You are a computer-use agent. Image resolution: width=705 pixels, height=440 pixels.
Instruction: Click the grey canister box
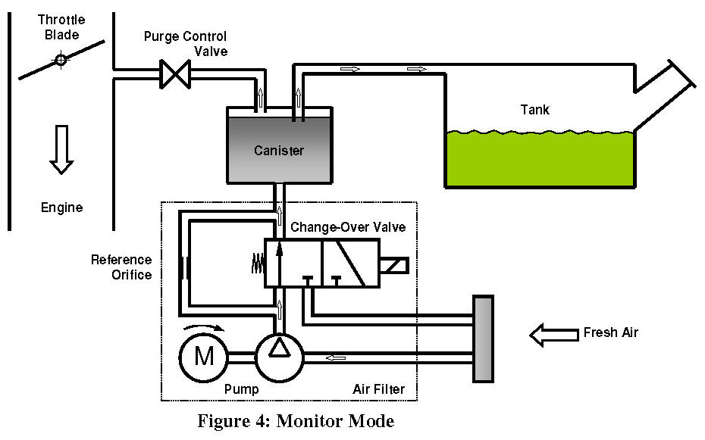click(279, 150)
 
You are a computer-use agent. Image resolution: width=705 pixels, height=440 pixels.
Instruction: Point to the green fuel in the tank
click(540, 159)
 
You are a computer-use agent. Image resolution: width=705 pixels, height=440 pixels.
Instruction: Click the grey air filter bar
click(483, 339)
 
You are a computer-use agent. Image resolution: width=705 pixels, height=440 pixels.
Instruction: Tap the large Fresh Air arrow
click(553, 333)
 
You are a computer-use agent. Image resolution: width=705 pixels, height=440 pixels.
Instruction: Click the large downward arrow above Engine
click(61, 149)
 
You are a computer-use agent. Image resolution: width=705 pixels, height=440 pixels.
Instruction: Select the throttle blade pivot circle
click(60, 60)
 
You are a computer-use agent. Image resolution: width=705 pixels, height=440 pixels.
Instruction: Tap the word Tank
click(534, 110)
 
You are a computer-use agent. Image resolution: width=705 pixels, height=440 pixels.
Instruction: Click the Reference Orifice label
click(121, 267)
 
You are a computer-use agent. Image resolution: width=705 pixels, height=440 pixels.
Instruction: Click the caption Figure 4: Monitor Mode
click(296, 420)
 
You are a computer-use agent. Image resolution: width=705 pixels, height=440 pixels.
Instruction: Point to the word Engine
click(61, 207)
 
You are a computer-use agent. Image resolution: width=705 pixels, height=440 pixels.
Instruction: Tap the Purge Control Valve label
click(185, 44)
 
